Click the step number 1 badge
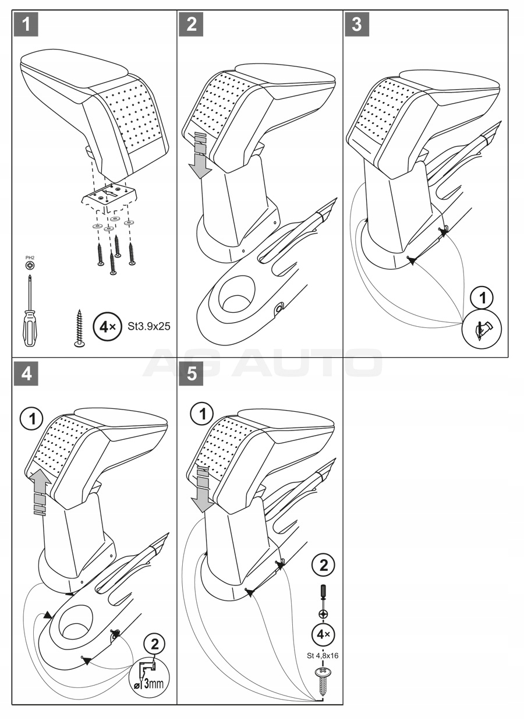pyautogui.click(x=26, y=24)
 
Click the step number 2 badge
pyautogui.click(x=192, y=24)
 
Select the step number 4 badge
pyautogui.click(x=26, y=373)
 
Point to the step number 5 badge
pyautogui.click(x=192, y=373)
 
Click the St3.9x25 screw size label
pyautogui.click(x=149, y=326)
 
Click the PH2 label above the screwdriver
pyautogui.click(x=30, y=257)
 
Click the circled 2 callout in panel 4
pyautogui.click(x=154, y=644)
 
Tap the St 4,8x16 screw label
pyautogui.click(x=323, y=655)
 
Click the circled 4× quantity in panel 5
pyautogui.click(x=323, y=633)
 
